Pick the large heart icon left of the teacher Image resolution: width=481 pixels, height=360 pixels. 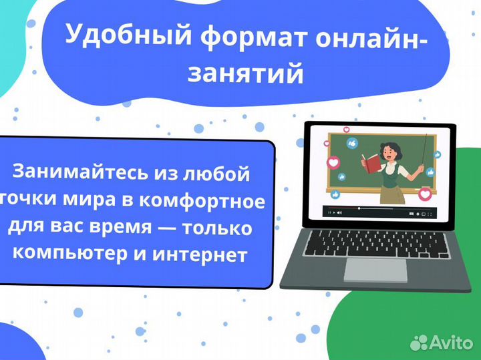point(333,162)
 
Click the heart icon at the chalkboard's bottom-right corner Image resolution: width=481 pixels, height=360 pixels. point(426,195)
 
